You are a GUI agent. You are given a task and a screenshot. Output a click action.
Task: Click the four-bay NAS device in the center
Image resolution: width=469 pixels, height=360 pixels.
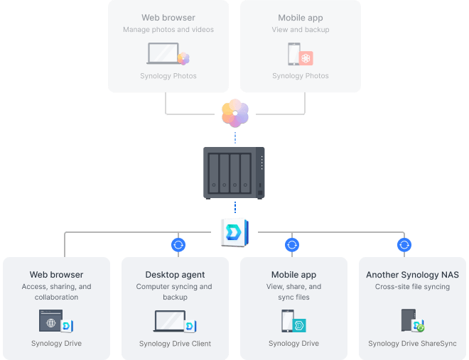[234, 173]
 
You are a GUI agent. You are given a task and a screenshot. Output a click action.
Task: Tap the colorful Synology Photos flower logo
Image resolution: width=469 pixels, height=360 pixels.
[234, 113]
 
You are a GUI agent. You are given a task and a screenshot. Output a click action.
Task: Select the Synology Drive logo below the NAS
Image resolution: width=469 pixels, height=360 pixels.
[234, 231]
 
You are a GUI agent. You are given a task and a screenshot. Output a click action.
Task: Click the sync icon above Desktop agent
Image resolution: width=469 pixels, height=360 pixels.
[178, 245]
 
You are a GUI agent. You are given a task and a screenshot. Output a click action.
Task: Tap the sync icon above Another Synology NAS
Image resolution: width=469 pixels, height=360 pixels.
[404, 245]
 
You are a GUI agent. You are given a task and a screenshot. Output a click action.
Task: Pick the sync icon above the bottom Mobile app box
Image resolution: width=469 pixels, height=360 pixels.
[291, 245]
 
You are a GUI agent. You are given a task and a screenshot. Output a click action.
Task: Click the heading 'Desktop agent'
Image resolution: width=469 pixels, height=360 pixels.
[175, 275]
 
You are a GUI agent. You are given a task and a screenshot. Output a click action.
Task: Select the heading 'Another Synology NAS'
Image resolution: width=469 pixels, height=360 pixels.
[412, 275]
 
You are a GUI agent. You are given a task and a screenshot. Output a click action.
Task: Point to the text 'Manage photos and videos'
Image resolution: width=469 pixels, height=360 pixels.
[168, 30]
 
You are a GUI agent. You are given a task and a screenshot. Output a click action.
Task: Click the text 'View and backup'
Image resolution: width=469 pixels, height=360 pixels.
[300, 30]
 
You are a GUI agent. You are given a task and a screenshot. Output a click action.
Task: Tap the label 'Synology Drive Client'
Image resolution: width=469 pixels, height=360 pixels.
[175, 344]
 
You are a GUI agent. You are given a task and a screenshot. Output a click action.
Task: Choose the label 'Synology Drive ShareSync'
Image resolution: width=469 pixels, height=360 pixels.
[412, 344]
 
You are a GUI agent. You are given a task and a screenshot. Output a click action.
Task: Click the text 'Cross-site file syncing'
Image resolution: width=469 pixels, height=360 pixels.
[412, 287]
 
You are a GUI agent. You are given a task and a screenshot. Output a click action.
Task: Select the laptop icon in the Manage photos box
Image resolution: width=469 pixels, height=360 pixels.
[163, 54]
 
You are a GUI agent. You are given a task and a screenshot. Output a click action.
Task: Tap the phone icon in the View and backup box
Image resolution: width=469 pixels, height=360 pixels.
[293, 54]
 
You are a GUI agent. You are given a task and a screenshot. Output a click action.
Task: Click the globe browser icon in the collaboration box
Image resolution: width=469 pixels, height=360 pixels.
[50, 322]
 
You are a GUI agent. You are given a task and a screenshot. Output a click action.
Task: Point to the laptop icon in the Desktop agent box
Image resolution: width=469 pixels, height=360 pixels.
[170, 321]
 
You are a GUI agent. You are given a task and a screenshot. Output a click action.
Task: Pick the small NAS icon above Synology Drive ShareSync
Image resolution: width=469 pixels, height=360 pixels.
[408, 320]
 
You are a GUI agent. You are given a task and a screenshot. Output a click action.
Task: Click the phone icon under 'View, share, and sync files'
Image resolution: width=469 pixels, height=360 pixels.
[288, 321]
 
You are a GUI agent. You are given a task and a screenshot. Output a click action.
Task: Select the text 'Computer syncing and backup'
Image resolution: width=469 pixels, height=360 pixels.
[175, 292]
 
